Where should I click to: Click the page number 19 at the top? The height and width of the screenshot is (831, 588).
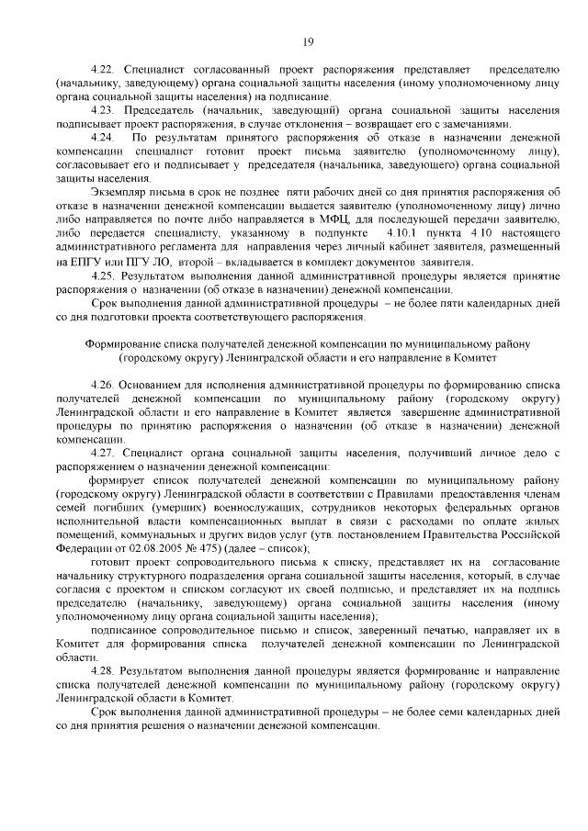point(309,40)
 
